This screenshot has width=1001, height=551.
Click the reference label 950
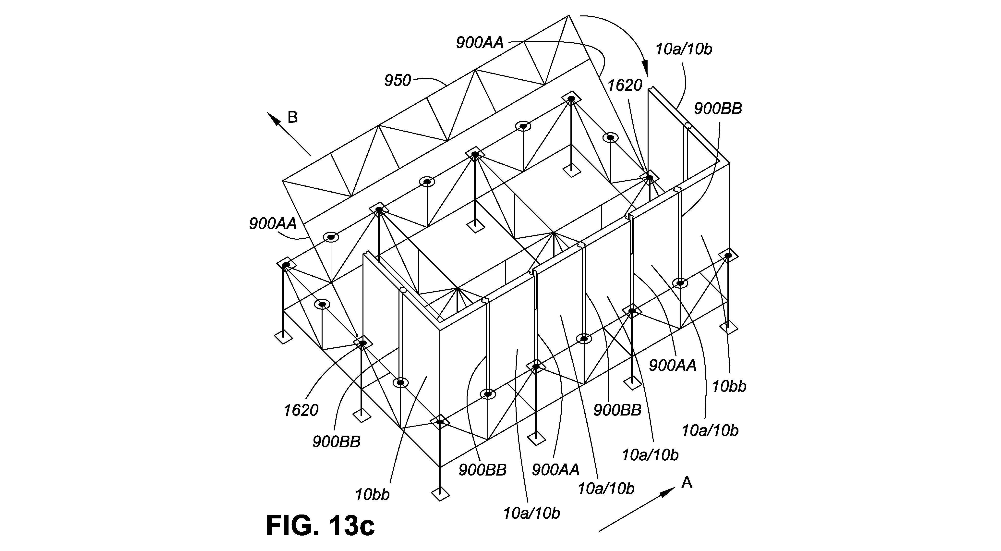tap(397, 80)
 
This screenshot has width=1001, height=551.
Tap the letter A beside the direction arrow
tap(687, 483)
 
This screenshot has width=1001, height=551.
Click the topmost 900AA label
tap(480, 43)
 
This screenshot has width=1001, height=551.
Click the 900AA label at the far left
tap(273, 224)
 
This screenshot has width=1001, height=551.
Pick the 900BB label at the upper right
tap(718, 109)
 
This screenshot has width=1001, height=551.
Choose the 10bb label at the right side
tap(729, 387)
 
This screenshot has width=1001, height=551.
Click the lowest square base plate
tap(440, 494)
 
